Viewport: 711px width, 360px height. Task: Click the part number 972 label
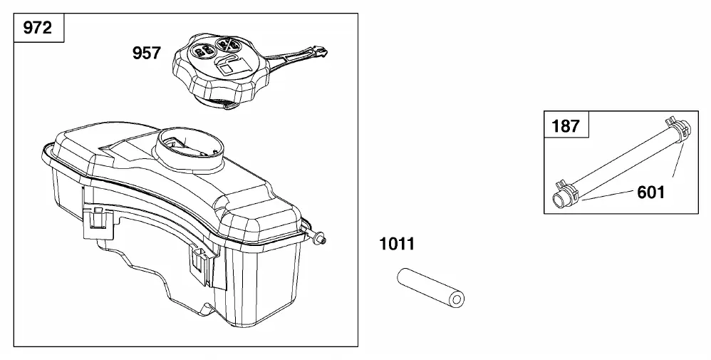pyautogui.click(x=38, y=28)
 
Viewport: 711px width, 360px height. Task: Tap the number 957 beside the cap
pyautogui.click(x=147, y=53)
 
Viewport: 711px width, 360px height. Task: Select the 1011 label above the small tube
pyautogui.click(x=397, y=245)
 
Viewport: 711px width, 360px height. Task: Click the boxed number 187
pyautogui.click(x=566, y=125)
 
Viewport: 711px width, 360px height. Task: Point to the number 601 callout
pyautogui.click(x=650, y=192)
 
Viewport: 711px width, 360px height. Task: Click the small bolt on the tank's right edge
pyautogui.click(x=320, y=237)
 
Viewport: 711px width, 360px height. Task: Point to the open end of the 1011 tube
pyautogui.click(x=457, y=299)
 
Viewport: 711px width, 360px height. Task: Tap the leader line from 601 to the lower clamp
pyautogui.click(x=608, y=195)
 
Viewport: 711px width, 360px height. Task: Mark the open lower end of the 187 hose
pyautogui.click(x=559, y=199)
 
